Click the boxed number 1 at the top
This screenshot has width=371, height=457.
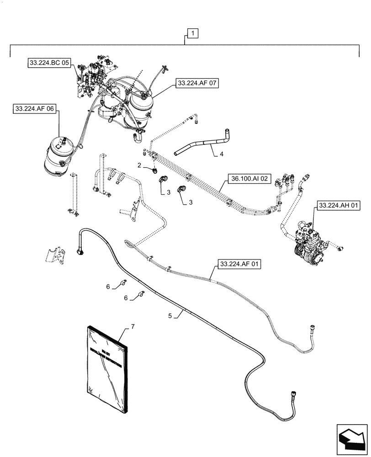(193, 33)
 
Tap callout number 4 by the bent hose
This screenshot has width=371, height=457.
(221, 154)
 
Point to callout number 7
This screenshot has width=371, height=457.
(132, 326)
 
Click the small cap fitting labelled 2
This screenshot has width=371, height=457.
(156, 171)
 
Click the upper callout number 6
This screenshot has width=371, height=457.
(108, 286)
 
